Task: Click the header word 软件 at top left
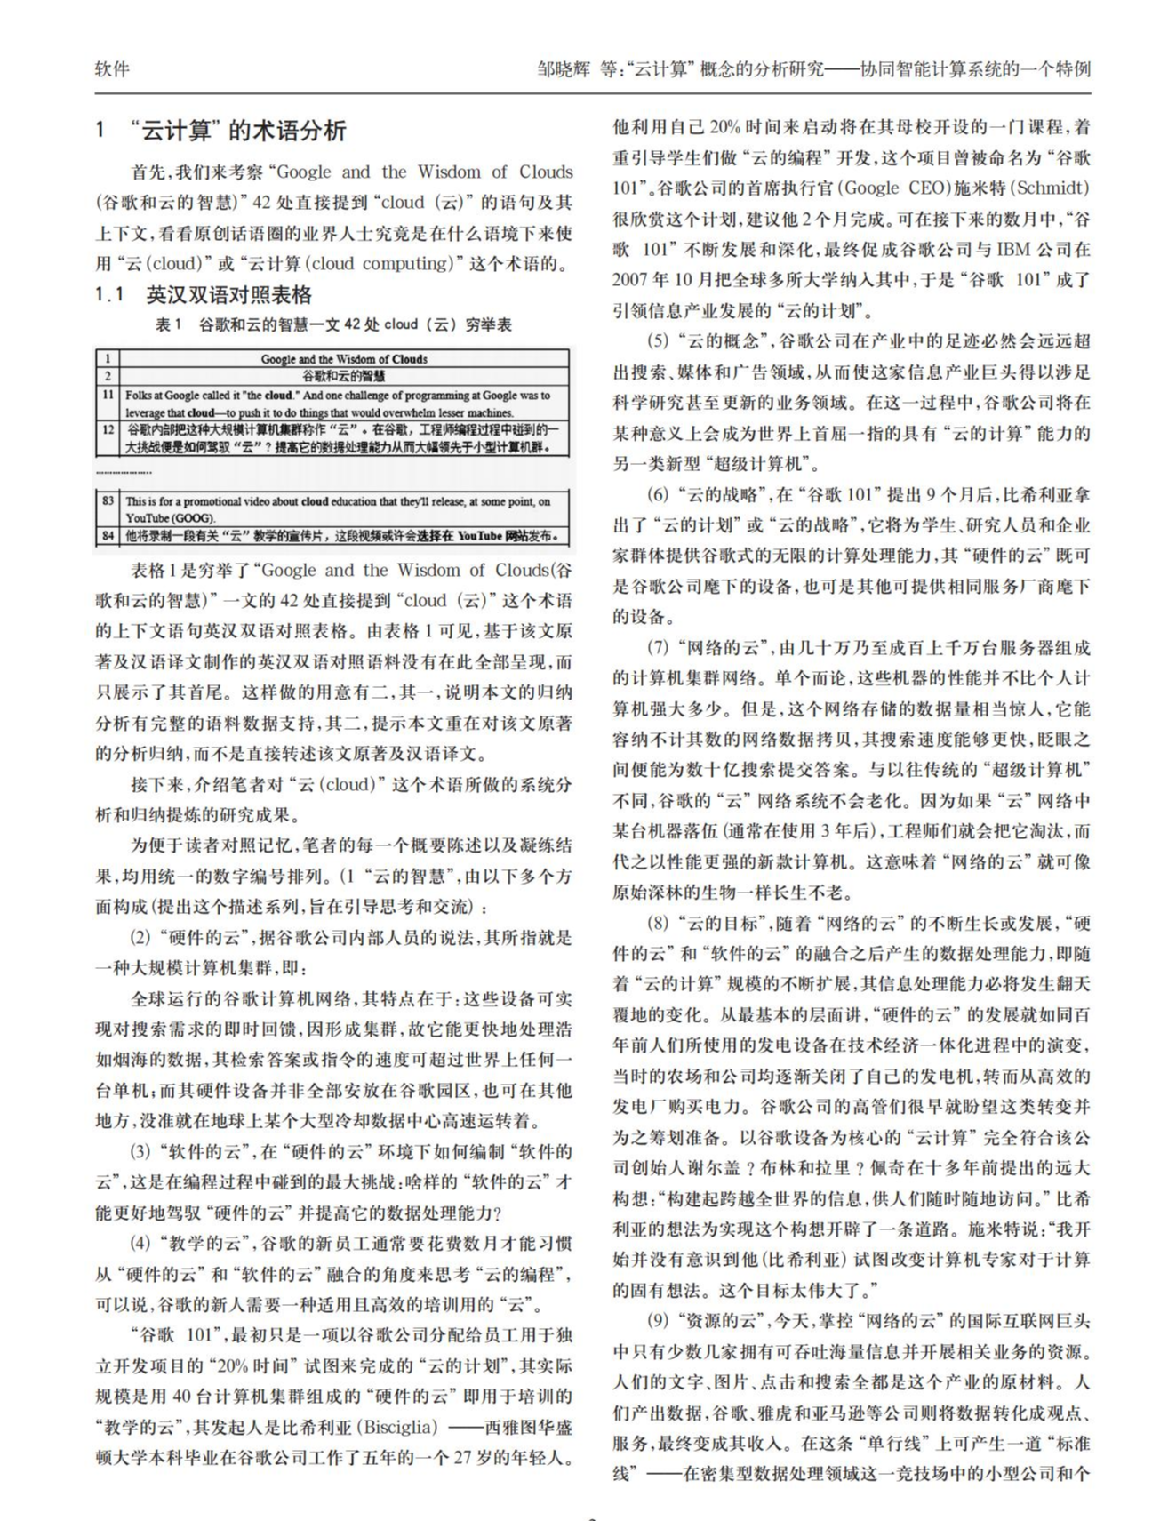pos(112,69)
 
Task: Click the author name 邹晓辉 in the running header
pos(563,69)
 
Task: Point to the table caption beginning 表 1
pos(333,324)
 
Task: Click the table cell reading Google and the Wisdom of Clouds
pos(343,359)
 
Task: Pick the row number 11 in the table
pos(108,395)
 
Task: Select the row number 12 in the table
pos(108,429)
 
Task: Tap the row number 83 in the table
pos(108,501)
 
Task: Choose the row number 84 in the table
pos(108,536)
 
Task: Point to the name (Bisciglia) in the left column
pos(396,1428)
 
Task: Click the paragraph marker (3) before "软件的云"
pos(141,1152)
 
